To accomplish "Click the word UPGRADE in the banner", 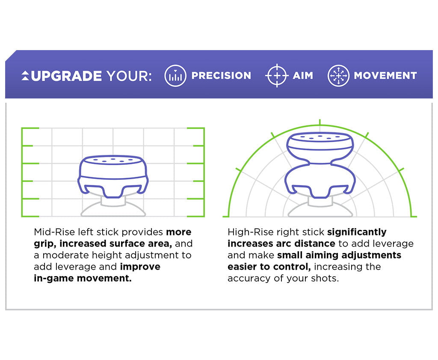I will pos(66,76).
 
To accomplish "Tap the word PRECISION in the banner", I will pos(221,76).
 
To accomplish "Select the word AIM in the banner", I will pos(303,76).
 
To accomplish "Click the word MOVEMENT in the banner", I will pos(385,76).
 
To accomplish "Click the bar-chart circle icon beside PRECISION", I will pos(175,76).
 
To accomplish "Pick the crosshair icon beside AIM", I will pos(277,76).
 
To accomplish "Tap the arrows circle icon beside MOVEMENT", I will pos(338,76).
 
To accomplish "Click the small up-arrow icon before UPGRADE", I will pos(25,76).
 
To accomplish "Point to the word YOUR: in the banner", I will pos(129,76).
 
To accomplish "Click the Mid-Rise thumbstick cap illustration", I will pos(113,176).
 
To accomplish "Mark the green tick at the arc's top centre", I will pos(319,122).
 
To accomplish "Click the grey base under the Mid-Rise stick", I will pos(113,210).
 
